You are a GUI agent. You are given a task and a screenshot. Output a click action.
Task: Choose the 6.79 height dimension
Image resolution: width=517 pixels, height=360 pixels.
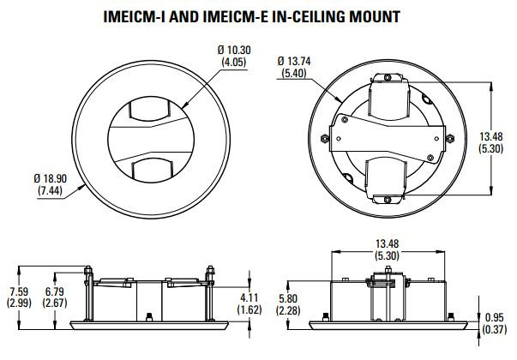coord(55,291)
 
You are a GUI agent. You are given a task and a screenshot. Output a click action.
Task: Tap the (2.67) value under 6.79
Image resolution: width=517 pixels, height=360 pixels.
coord(55,303)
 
